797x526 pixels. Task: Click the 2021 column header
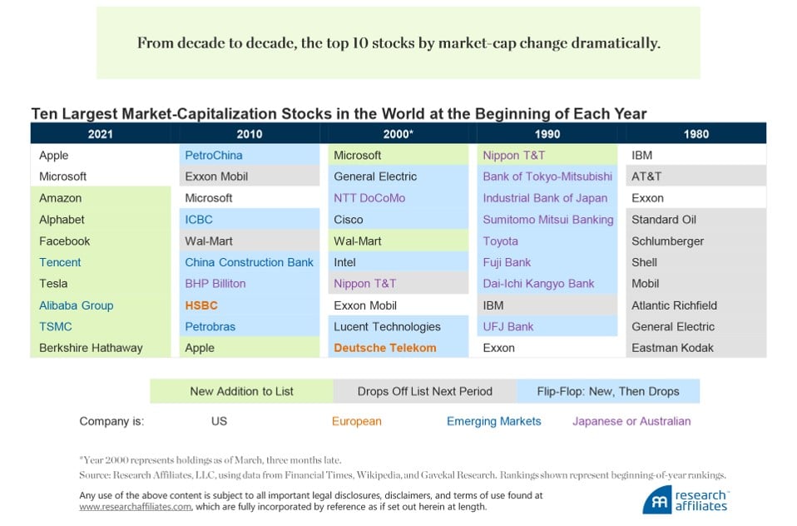[100, 133]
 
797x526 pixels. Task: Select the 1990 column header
[547, 133]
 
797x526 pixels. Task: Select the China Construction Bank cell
[249, 262]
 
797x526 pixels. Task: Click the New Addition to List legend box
[241, 391]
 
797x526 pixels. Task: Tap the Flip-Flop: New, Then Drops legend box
[607, 391]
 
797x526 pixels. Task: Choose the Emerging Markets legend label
[493, 421]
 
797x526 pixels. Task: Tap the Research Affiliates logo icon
[656, 499]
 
